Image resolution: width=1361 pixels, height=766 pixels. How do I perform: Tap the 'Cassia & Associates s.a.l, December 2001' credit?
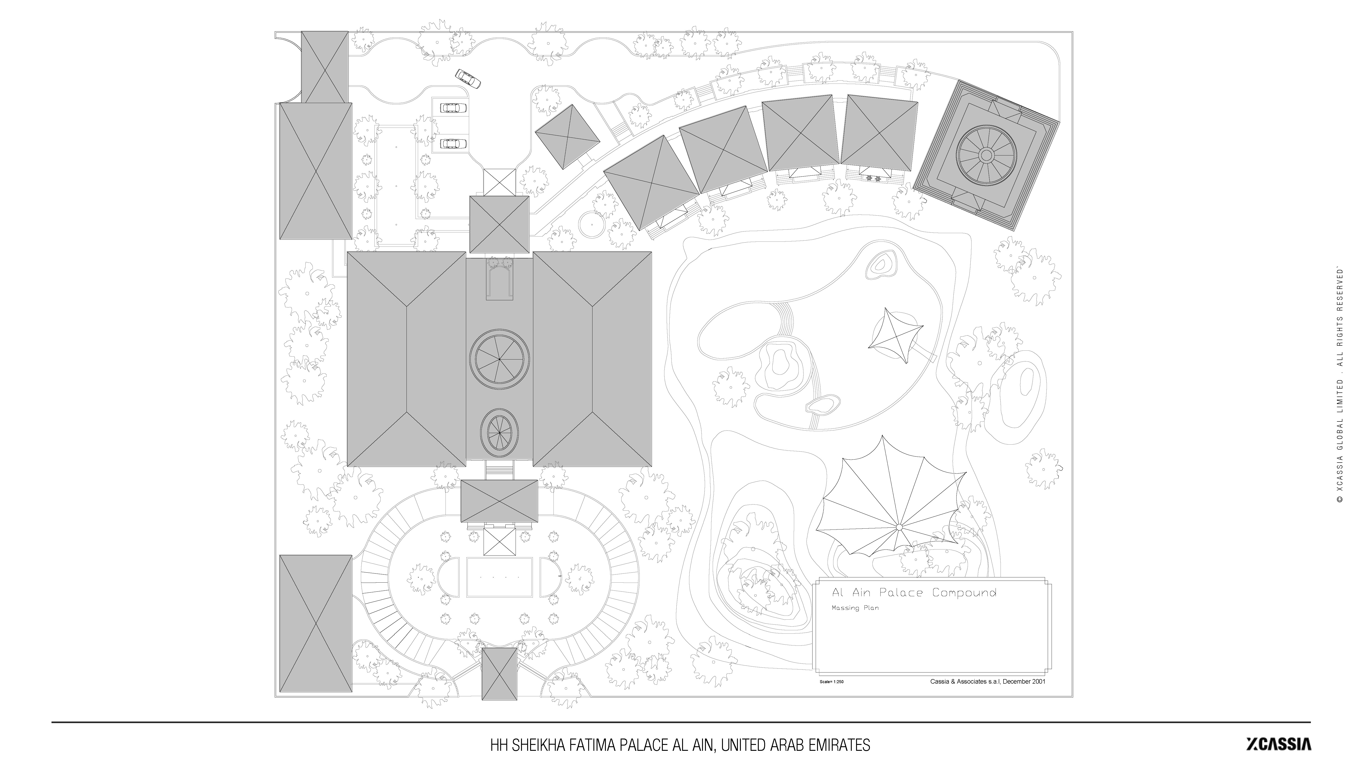(x=987, y=681)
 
